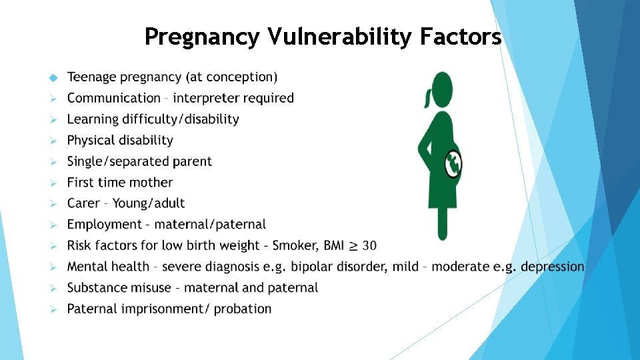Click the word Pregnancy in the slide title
tap(201, 37)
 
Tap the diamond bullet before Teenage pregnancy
tap(55, 78)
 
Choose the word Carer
tap(83, 203)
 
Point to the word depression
tap(552, 267)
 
